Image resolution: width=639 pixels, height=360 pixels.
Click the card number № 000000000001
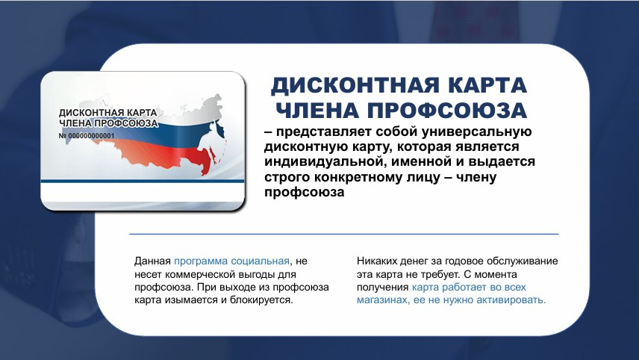click(x=87, y=136)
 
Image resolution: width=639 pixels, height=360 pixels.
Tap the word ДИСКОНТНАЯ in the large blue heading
click(x=355, y=85)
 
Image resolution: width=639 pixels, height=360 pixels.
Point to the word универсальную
click(x=476, y=131)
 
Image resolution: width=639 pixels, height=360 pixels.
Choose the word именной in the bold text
click(x=420, y=162)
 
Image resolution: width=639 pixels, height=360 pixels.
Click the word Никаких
click(x=372, y=261)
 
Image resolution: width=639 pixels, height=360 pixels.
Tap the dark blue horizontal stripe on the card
click(x=143, y=181)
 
